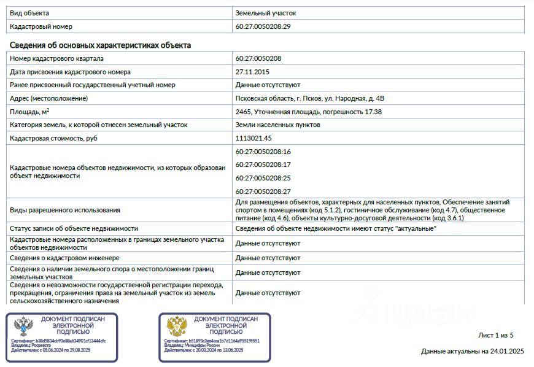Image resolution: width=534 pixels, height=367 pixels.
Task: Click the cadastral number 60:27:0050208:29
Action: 263,26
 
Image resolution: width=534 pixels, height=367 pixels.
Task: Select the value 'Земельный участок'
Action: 265,13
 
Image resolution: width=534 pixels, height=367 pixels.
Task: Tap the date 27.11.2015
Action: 252,72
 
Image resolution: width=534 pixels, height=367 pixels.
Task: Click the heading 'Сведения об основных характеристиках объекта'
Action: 100,45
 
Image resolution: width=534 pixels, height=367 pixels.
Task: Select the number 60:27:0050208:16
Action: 263,152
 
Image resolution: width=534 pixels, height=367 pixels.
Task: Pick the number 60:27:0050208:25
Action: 263,178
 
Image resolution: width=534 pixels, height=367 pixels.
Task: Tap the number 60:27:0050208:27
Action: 263,191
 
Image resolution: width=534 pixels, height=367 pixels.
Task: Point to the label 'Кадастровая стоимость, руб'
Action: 53,138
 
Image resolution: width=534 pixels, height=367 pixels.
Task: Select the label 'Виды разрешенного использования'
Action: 64,210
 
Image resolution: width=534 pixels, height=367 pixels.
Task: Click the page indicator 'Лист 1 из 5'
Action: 495,335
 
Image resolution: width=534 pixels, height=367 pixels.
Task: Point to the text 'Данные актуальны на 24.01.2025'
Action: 472,352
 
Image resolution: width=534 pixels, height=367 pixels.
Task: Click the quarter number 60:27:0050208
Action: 258,58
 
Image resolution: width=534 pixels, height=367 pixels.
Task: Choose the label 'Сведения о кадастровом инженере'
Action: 64,258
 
